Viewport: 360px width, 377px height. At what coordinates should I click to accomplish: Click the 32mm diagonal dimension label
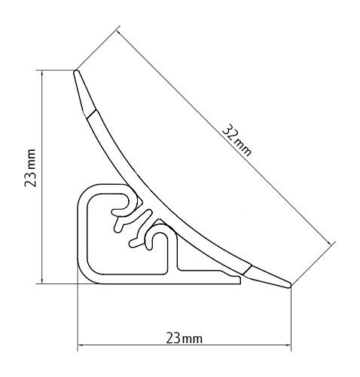coord(236,141)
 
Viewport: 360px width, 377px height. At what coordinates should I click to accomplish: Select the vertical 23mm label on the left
coord(30,168)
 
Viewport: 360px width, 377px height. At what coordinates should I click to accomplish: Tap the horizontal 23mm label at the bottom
coord(184,339)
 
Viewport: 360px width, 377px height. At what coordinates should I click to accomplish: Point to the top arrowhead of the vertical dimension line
coord(42,74)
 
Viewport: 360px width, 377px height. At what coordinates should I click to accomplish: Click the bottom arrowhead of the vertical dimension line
coord(42,280)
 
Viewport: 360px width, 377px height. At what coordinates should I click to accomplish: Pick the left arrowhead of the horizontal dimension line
coord(81,345)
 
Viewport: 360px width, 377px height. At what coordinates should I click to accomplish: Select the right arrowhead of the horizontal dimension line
coord(287,345)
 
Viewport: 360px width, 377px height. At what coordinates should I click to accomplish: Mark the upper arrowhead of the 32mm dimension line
coord(120,33)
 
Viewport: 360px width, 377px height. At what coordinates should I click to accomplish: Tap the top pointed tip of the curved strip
coord(75,72)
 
